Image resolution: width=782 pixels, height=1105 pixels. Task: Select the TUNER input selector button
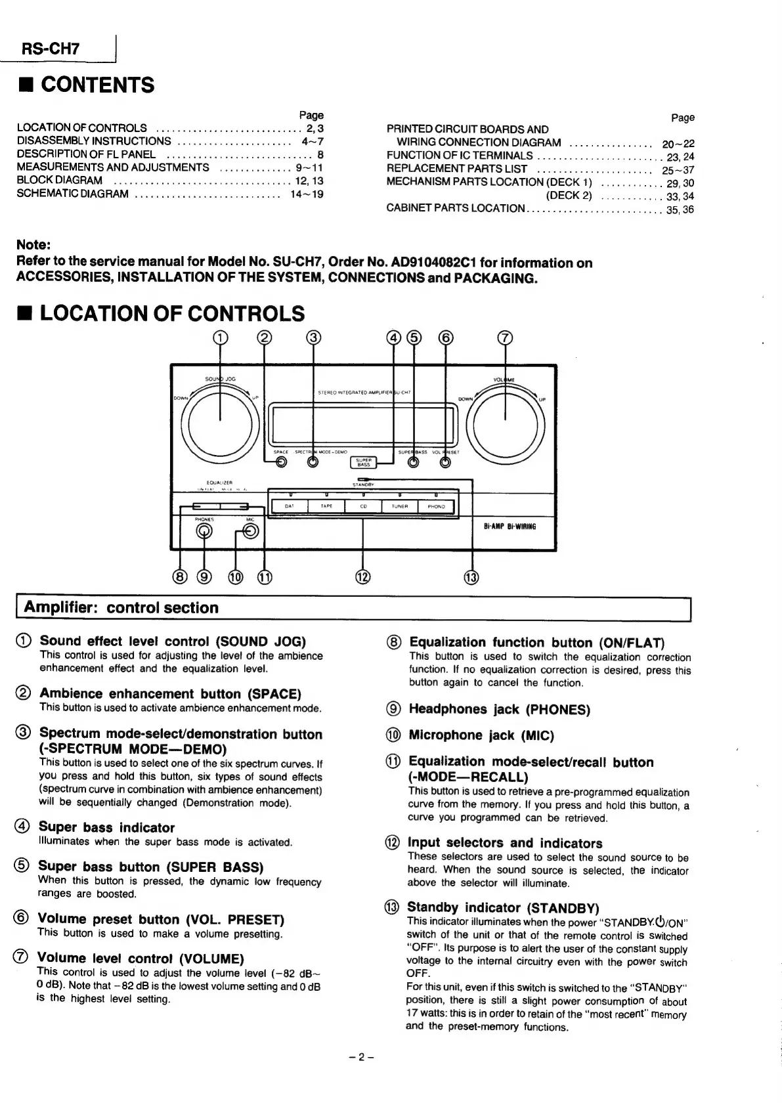(x=399, y=506)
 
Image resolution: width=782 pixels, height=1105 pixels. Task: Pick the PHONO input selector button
(x=436, y=506)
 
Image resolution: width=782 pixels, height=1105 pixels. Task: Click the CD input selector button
(x=363, y=506)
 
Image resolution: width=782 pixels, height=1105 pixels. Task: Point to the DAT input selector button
(x=290, y=506)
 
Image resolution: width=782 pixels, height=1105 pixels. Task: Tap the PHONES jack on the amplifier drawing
(x=204, y=531)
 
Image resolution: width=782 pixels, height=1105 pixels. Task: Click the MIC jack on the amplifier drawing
(x=250, y=531)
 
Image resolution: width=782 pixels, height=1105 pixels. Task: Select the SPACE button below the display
(x=281, y=462)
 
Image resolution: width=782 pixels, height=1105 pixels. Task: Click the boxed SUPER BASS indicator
(x=363, y=462)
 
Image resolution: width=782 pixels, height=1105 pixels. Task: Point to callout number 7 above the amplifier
(x=504, y=338)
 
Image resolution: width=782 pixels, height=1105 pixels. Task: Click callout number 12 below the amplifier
(x=362, y=577)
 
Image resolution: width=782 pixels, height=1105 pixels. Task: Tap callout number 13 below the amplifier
(x=471, y=577)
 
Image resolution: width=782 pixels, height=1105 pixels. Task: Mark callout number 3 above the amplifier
(x=313, y=338)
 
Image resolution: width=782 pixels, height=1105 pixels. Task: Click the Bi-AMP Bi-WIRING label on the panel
(x=510, y=526)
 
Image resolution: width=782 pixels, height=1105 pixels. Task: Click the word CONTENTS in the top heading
(x=98, y=85)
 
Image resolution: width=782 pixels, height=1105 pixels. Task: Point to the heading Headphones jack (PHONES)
(x=499, y=710)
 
